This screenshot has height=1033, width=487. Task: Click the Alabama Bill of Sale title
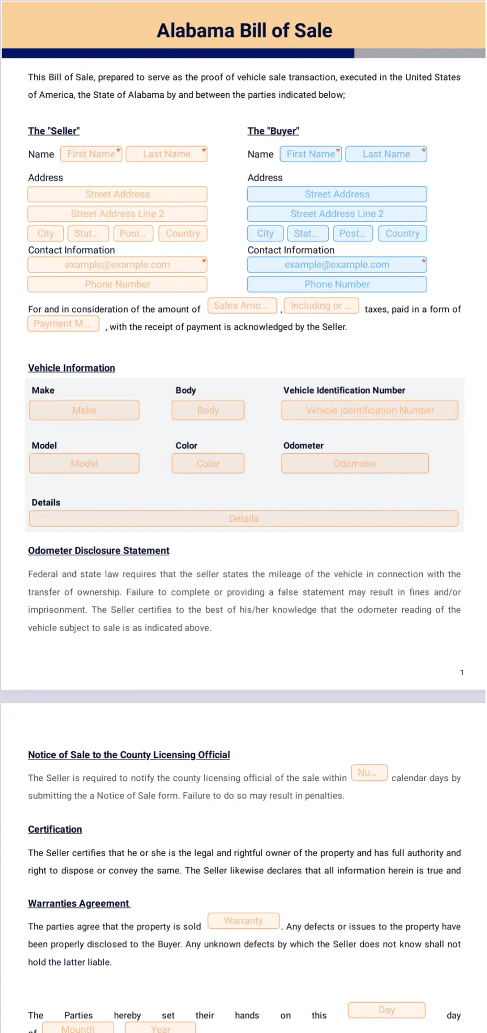click(x=245, y=30)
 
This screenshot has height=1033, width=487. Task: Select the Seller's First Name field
click(x=91, y=154)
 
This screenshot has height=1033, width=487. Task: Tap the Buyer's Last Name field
click(x=386, y=154)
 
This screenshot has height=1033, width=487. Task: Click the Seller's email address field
click(x=117, y=265)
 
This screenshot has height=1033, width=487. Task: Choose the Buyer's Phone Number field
click(x=337, y=284)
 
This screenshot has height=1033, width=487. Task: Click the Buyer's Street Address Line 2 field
click(x=337, y=214)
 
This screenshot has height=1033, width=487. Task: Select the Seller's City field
click(x=46, y=233)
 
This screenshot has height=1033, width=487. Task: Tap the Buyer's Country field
click(x=402, y=233)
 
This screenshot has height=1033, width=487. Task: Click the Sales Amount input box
click(x=242, y=306)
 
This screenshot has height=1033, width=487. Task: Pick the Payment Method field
click(x=63, y=323)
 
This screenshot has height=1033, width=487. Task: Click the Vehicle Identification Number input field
click(x=370, y=410)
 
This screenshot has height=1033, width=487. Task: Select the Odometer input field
click(x=355, y=464)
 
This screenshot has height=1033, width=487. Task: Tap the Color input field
click(x=208, y=464)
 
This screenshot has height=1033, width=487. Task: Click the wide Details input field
click(x=243, y=519)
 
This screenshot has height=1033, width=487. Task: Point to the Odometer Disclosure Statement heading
click(x=98, y=551)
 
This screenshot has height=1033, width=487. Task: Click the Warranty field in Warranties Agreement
click(x=243, y=920)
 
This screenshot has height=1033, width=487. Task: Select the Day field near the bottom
click(x=386, y=1010)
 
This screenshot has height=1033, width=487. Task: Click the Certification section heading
click(x=55, y=829)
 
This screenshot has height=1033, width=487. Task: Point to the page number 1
click(x=461, y=672)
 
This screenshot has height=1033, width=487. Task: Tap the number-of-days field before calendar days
click(x=369, y=772)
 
